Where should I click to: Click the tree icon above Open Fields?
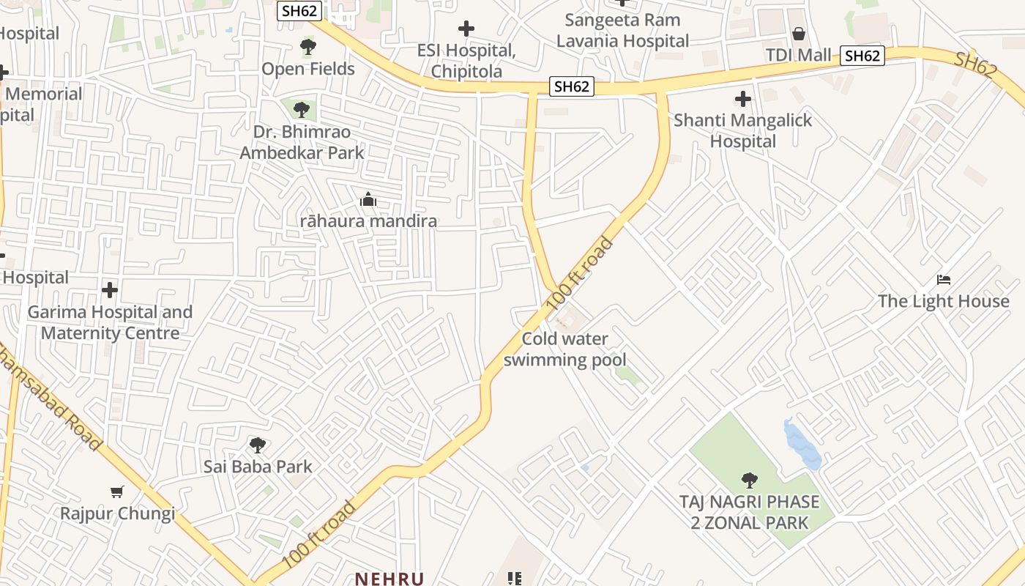pyautogui.click(x=308, y=48)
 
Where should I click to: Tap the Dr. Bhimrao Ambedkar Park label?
pyautogui.click(x=302, y=143)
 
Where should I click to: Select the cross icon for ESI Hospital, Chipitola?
pyautogui.click(x=466, y=29)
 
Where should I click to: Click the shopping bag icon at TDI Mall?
pyautogui.click(x=798, y=34)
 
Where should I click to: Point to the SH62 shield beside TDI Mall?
pyautogui.click(x=862, y=56)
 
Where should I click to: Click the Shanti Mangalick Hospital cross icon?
pyautogui.click(x=743, y=99)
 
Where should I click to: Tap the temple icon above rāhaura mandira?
pyautogui.click(x=368, y=199)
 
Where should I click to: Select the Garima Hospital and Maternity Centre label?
pyautogui.click(x=110, y=322)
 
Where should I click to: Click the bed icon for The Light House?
pyautogui.click(x=944, y=280)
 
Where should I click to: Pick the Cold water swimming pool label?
pyautogui.click(x=564, y=349)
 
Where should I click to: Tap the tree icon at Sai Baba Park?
pyautogui.click(x=257, y=445)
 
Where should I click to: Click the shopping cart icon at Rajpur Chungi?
pyautogui.click(x=117, y=492)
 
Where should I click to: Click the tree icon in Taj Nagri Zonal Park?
pyautogui.click(x=749, y=481)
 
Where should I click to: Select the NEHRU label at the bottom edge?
pyautogui.click(x=389, y=579)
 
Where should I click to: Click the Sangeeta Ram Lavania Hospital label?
pyautogui.click(x=622, y=31)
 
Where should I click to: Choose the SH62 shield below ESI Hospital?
pyautogui.click(x=571, y=86)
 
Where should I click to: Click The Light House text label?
pyautogui.click(x=943, y=301)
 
